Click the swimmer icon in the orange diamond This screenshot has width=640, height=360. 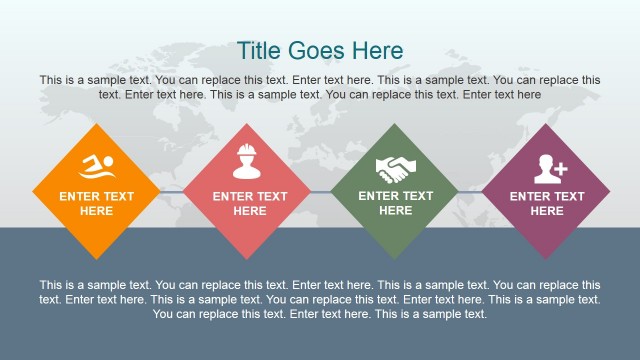point(96,164)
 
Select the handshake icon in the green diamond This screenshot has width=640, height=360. point(395,167)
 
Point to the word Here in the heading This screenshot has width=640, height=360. point(379,51)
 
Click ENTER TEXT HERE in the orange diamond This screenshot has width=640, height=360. point(96,204)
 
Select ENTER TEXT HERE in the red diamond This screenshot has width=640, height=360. point(249,204)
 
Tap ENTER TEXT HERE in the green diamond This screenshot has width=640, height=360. point(395,203)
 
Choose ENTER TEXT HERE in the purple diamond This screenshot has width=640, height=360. point(546,204)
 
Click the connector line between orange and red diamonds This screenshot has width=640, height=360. point(172,192)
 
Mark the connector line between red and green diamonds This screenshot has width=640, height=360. point(321,192)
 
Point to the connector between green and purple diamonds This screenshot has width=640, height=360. point(471,192)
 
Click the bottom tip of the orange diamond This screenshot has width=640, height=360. point(96,258)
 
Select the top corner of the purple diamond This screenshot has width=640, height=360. point(546,124)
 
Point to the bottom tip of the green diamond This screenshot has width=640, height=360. point(395,258)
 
